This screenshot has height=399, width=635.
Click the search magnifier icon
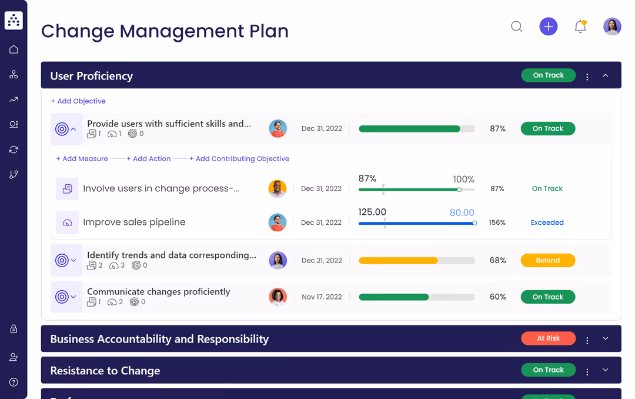pos(516,26)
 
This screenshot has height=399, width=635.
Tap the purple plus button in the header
pos(548,26)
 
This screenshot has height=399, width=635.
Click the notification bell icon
pos(580,26)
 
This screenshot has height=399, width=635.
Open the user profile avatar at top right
pos(612,26)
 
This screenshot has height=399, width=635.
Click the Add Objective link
pos(78,101)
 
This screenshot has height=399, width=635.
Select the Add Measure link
pos(82,159)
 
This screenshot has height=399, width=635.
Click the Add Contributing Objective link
pos(239,159)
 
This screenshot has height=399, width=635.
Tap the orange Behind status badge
pos(547,261)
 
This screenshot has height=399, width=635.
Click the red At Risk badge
pos(548,338)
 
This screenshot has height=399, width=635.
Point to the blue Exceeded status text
pos(547,222)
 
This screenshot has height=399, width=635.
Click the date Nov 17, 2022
pos(322,297)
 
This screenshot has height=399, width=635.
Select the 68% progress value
pos(497,261)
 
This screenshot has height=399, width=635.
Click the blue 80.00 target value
pos(462,212)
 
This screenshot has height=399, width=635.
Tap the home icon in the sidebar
pos(14,49)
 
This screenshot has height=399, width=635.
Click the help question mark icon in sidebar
pos(14,383)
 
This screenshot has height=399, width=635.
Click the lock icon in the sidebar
pos(14,330)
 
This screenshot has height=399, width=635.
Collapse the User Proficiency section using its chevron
pos(606,75)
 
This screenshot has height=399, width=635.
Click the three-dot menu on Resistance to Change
pos(587,371)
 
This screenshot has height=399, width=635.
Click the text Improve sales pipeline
pos(134,222)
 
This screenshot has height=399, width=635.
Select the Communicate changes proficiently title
pos(158,292)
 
